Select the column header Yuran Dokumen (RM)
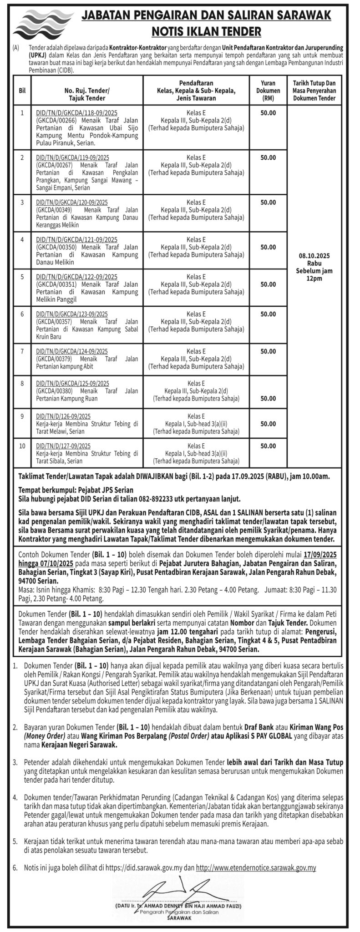tap(268, 90)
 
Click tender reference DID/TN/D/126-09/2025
tap(63, 416)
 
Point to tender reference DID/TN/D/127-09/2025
tap(63, 446)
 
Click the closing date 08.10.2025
tap(314, 256)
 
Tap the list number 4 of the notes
tap(15, 798)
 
